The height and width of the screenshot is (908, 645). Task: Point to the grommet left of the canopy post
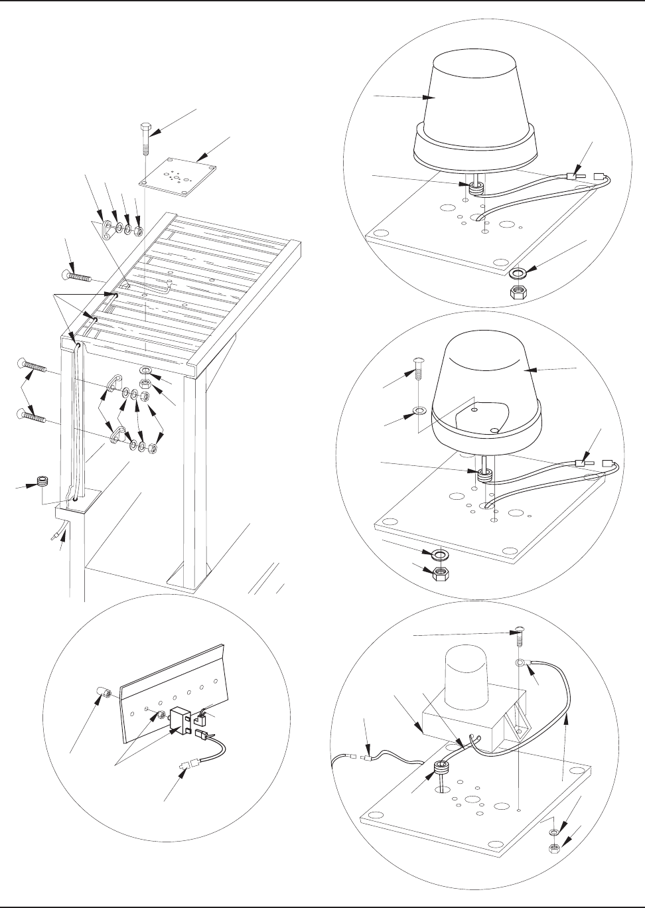[42, 482]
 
